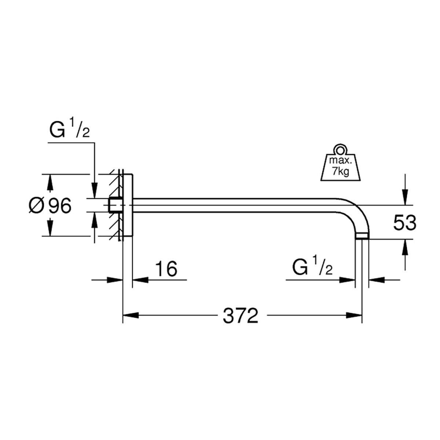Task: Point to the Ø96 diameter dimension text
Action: coord(50,206)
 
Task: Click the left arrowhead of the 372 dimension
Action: coord(131,315)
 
